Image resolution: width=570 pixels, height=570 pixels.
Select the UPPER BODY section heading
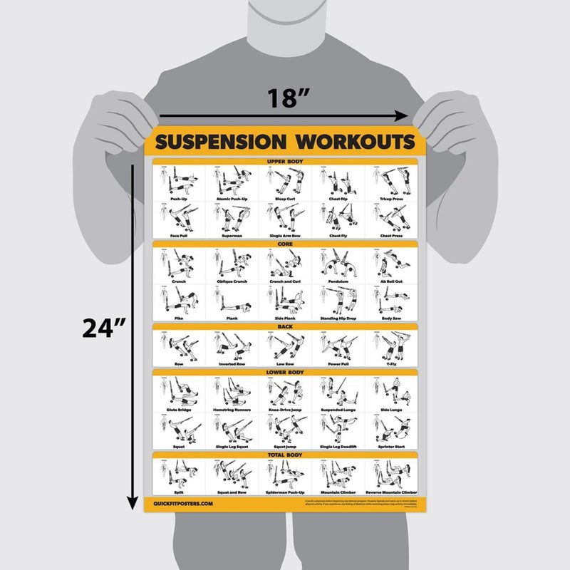click(285, 162)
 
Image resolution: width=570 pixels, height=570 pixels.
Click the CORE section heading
click(285, 244)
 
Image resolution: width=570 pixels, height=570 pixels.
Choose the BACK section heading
click(285, 326)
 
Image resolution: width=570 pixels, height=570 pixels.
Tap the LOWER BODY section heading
click(285, 371)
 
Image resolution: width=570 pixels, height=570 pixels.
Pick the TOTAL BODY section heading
click(285, 454)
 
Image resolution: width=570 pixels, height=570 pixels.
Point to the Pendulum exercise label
click(338, 279)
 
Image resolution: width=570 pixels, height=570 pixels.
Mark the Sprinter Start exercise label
click(390, 446)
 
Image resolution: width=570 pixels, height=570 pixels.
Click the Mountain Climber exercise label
click(338, 492)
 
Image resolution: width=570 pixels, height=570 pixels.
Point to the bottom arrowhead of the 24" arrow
click(132, 504)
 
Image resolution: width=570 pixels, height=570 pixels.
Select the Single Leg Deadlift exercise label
click(338, 446)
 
